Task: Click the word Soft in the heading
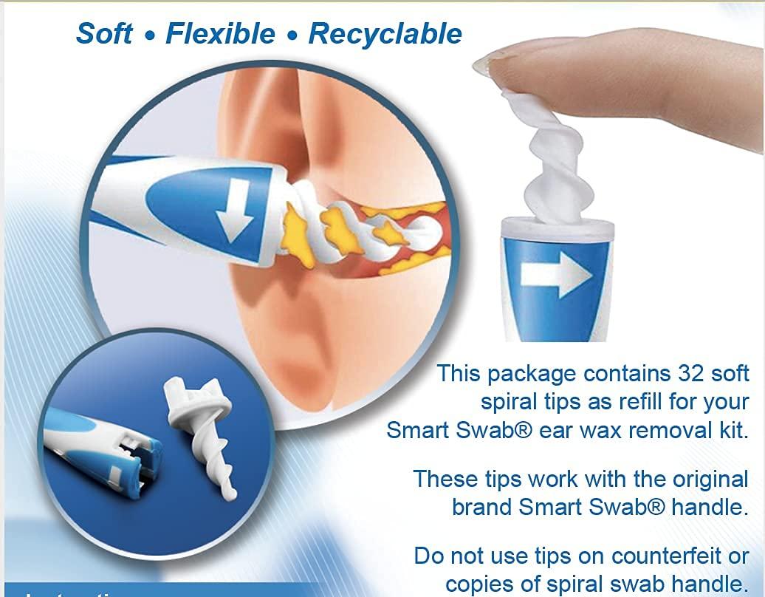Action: [104, 33]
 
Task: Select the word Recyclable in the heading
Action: [385, 34]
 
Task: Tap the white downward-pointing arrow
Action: [230, 218]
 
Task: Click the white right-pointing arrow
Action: [556, 274]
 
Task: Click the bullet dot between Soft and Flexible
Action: [151, 35]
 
